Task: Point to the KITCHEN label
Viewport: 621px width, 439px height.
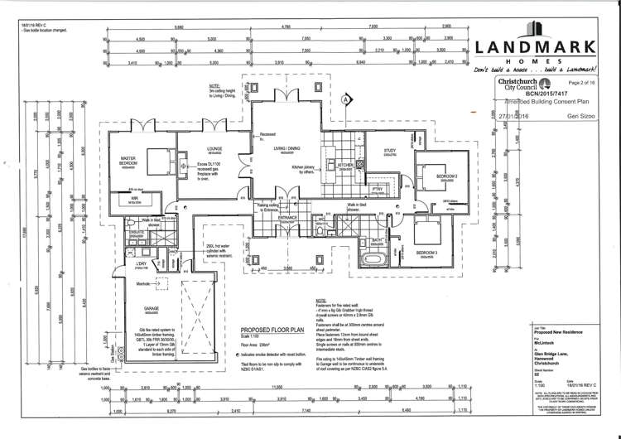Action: [x=345, y=165]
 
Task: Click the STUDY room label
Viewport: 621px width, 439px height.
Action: [x=390, y=151]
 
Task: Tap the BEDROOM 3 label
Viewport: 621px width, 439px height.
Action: [x=427, y=252]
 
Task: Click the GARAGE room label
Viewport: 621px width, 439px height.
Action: [x=152, y=309]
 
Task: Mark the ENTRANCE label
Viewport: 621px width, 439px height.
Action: [x=286, y=216]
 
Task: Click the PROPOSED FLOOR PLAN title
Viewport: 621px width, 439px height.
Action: [x=268, y=329]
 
